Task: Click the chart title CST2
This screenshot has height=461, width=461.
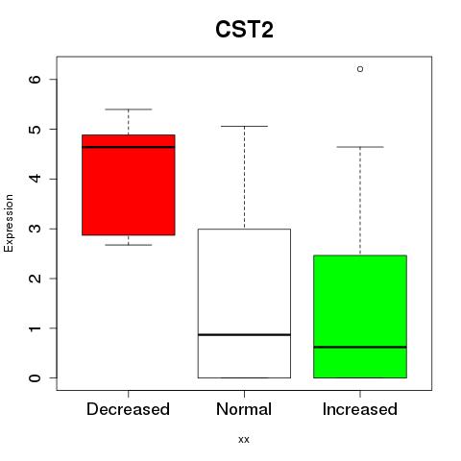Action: pos(244,30)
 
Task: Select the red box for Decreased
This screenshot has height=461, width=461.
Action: pos(129,185)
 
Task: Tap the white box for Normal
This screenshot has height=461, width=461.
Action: pos(244,303)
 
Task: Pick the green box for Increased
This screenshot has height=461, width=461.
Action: pos(360,317)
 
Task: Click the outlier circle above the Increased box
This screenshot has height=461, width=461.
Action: pos(360,69)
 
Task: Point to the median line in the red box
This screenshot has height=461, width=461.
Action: pos(129,147)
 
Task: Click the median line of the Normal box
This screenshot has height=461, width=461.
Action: pos(244,334)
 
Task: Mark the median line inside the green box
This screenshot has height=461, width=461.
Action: pos(360,347)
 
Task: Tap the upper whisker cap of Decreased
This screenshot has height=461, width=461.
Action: pos(129,109)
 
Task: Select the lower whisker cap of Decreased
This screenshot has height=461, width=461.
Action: pos(129,245)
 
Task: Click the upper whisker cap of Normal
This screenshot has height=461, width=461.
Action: pos(244,126)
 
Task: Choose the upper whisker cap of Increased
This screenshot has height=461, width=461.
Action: pos(360,147)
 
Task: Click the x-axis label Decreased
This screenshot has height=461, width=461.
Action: pos(128,409)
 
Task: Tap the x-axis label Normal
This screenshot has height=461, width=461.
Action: pos(244,409)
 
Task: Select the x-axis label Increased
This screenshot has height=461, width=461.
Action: pos(360,409)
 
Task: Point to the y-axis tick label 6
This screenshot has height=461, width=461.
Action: pos(35,79)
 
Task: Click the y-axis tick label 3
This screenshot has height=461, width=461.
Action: pos(35,229)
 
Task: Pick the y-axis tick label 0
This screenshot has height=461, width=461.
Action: pos(35,378)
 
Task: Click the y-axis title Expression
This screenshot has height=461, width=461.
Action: pos(9,223)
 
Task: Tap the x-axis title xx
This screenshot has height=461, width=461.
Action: pos(244,440)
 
